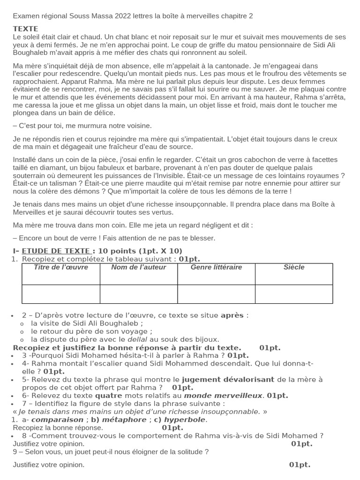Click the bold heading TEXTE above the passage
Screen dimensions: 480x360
(25, 29)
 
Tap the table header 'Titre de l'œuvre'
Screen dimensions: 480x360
(61, 267)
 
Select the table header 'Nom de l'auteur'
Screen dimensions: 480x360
(138, 267)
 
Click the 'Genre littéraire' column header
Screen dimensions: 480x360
(216, 267)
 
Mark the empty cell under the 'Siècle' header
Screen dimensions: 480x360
(294, 294)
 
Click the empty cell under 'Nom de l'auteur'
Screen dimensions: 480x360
(138, 294)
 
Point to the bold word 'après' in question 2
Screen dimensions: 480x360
(232, 315)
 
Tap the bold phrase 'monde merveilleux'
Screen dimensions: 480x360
(223, 396)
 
